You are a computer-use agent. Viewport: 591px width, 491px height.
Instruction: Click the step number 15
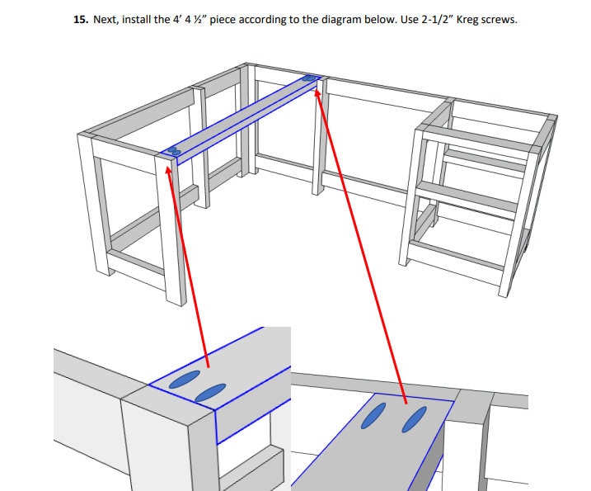click(80, 19)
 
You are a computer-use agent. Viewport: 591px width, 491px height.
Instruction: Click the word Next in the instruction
click(105, 19)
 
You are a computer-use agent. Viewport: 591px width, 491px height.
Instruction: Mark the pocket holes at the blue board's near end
click(174, 152)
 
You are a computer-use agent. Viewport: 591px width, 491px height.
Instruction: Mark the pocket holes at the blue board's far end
click(310, 79)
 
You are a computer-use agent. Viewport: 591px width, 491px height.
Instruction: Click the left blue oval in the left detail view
click(185, 380)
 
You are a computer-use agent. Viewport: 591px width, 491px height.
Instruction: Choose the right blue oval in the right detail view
click(415, 419)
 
